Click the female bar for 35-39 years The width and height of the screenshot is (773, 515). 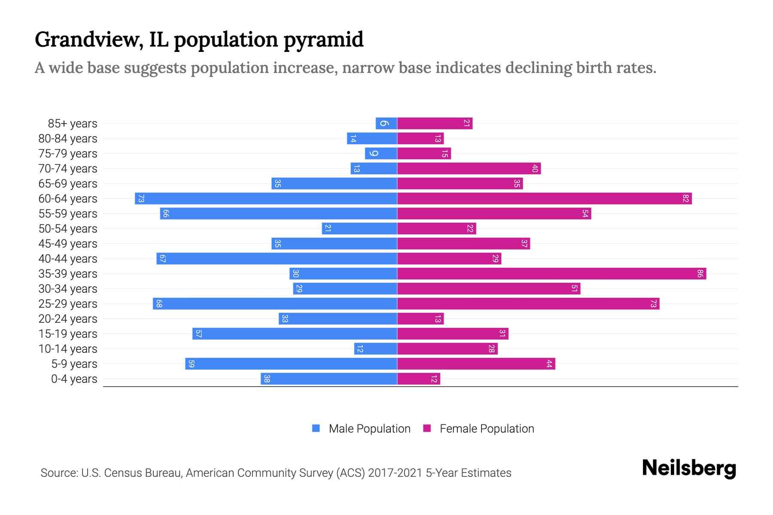tap(551, 273)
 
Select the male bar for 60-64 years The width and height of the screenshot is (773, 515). tap(266, 198)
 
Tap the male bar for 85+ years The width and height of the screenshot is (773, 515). tap(386, 123)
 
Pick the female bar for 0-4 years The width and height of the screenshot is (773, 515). tap(419, 379)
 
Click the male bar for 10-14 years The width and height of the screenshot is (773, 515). tap(375, 348)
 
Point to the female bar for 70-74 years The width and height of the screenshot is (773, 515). tap(469, 168)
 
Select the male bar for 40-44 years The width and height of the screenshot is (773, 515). tap(277, 258)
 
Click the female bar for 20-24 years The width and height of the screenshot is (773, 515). tap(420, 318)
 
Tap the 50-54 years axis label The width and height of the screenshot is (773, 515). tap(68, 229)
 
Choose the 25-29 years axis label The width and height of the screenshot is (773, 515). tap(68, 304)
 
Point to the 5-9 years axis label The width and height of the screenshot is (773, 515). tap(74, 364)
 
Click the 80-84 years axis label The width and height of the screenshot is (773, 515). tap(68, 139)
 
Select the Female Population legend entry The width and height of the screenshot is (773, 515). tap(487, 428)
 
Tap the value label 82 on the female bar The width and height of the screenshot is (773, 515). tap(685, 198)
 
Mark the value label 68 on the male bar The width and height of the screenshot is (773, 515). tap(159, 303)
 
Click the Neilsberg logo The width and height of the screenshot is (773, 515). tap(689, 468)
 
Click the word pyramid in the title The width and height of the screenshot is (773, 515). tap(323, 40)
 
